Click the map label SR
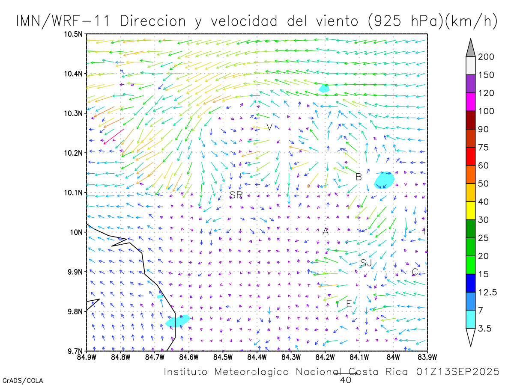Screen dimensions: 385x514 [x=236, y=195]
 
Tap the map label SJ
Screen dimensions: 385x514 [x=366, y=263]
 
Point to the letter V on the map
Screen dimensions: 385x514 [x=269, y=127]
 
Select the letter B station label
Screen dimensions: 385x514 [x=359, y=177]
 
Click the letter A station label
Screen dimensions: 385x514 [x=326, y=231]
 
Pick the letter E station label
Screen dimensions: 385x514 [x=349, y=304]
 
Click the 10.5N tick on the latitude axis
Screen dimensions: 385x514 [x=74, y=34]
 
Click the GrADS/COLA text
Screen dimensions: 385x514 [x=22, y=380]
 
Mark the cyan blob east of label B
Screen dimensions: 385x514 [x=384, y=180]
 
